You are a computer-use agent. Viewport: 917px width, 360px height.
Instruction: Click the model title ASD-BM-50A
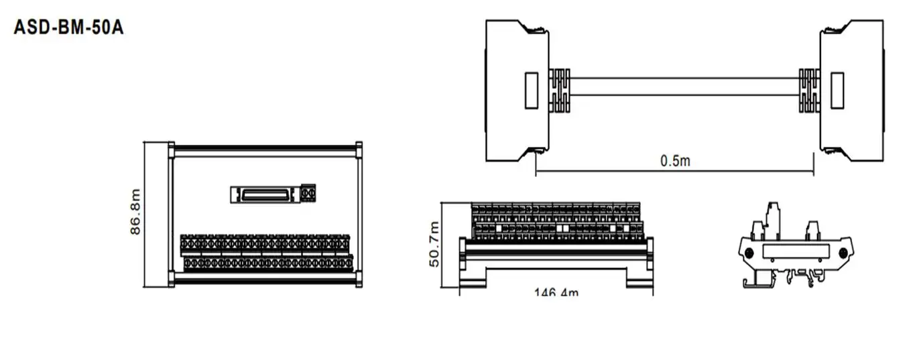(x=69, y=29)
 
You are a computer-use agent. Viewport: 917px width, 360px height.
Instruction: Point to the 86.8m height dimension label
(x=136, y=212)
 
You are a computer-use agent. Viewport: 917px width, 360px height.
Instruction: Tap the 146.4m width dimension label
(x=556, y=292)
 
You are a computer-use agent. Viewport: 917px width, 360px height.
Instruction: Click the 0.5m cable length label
(x=674, y=161)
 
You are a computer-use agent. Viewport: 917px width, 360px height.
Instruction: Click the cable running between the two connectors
(x=684, y=86)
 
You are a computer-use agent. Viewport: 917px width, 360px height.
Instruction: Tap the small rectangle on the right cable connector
(x=837, y=90)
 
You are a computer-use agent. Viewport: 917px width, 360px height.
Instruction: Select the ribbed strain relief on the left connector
(x=560, y=91)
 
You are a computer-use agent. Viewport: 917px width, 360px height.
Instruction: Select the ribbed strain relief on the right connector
(x=809, y=91)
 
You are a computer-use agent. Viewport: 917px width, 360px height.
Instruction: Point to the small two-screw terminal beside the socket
(x=308, y=193)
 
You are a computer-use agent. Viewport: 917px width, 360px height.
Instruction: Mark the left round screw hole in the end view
(x=749, y=253)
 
